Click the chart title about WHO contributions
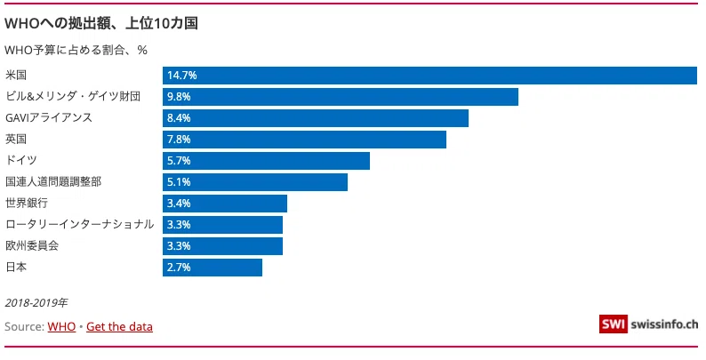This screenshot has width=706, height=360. [x=101, y=23]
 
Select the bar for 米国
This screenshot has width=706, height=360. [x=429, y=76]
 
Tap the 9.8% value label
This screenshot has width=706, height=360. [x=179, y=97]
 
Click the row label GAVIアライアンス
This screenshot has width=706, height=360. [x=49, y=118]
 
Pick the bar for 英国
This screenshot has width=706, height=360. [x=304, y=140]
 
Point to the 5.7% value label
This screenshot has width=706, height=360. [x=179, y=161]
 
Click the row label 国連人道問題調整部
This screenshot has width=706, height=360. [x=53, y=182]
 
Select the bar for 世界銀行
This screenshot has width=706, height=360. [x=225, y=204]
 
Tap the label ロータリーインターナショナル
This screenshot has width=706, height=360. [x=80, y=224]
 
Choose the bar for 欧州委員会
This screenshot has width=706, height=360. [x=222, y=246]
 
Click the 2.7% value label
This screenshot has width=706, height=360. [x=179, y=268]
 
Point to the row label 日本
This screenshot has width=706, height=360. [x=16, y=267]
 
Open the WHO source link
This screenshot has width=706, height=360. [x=61, y=327]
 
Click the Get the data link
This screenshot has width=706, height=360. [x=119, y=327]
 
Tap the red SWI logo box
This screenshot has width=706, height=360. [x=613, y=324]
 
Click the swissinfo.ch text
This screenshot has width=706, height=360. [x=664, y=324]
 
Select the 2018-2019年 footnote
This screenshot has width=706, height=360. [x=36, y=303]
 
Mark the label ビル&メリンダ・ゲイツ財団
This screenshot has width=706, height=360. [x=73, y=96]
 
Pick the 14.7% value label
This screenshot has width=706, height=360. [x=182, y=76]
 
